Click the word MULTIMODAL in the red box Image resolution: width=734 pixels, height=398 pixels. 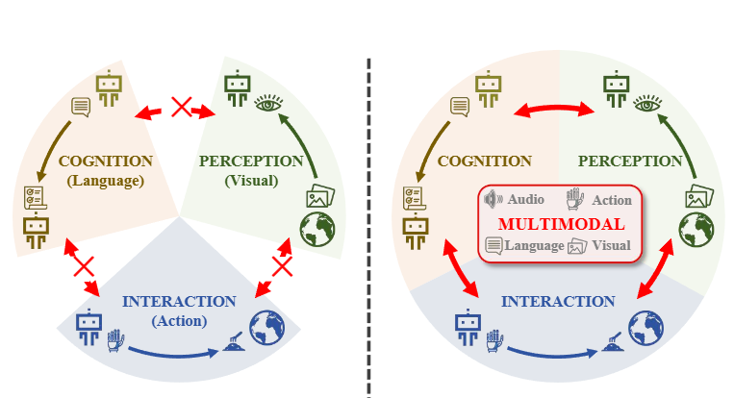click(561, 223)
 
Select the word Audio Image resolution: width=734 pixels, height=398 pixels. click(526, 200)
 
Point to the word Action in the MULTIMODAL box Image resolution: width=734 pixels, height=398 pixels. click(613, 201)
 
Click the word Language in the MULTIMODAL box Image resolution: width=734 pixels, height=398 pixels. click(532, 246)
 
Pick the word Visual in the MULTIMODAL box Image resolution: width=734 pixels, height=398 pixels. click(612, 246)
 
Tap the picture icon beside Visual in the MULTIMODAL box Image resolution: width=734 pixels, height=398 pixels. click(577, 246)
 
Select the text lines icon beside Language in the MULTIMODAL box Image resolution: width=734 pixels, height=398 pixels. click(494, 246)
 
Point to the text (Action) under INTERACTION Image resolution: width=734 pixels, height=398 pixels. click(179, 321)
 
